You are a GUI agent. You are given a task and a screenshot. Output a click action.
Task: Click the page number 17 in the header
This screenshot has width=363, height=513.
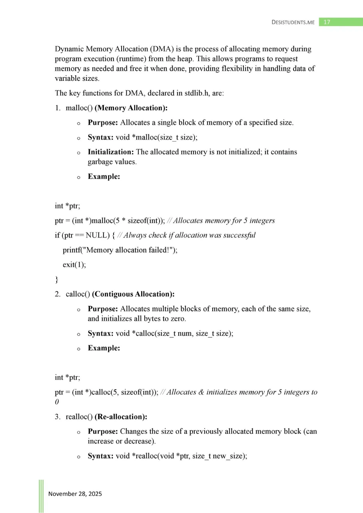pyautogui.click(x=327, y=22)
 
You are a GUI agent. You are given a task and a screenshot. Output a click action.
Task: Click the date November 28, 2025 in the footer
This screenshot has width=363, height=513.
pyautogui.click(x=75, y=494)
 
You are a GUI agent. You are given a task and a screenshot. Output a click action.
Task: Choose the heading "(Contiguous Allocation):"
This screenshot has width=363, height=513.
pyautogui.click(x=133, y=294)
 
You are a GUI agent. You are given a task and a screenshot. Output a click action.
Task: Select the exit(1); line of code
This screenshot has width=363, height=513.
pyautogui.click(x=74, y=264)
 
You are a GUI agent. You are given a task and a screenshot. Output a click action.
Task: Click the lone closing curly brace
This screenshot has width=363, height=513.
pyautogui.click(x=56, y=279)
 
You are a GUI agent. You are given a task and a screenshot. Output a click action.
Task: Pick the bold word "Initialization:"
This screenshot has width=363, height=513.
pyautogui.click(x=111, y=152)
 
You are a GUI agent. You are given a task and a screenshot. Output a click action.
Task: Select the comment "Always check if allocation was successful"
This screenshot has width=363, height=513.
pyautogui.click(x=189, y=235)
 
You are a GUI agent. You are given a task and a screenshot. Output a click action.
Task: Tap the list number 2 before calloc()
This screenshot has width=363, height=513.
pyautogui.click(x=57, y=294)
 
